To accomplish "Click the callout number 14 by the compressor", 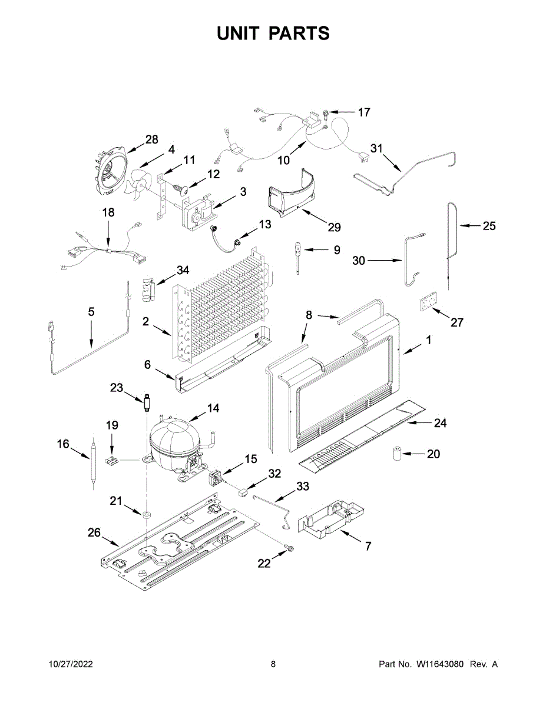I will pyautogui.click(x=213, y=408).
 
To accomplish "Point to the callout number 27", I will pyautogui.click(x=457, y=322).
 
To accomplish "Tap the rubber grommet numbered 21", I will pyautogui.click(x=144, y=515).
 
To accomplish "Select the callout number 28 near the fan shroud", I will pyautogui.click(x=152, y=139).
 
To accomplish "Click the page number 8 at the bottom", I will pyautogui.click(x=273, y=664).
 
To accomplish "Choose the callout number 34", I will pyautogui.click(x=183, y=270).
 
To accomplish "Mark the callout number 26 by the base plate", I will pyautogui.click(x=94, y=532).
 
